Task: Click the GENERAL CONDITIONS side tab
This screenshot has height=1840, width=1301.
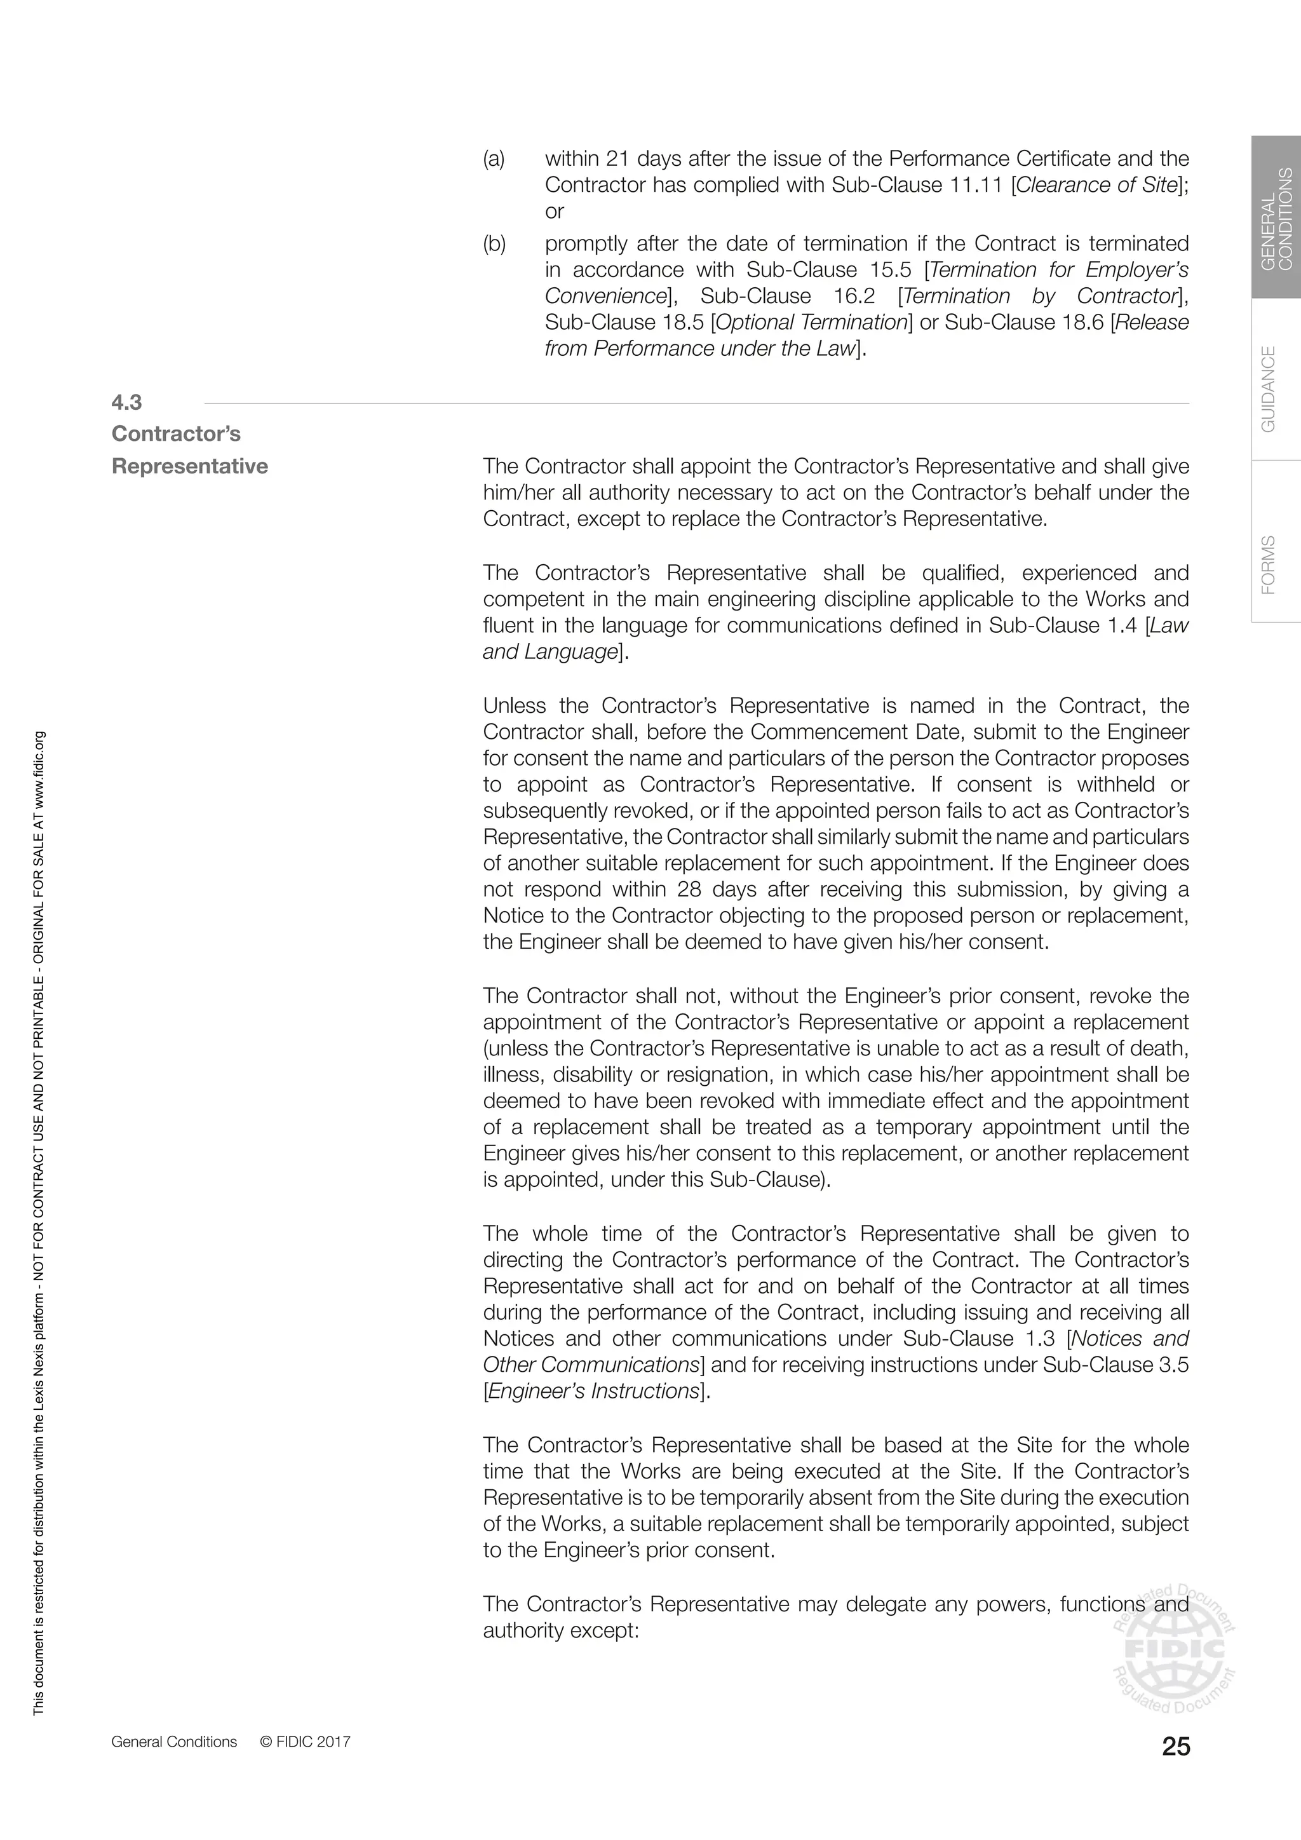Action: pyautogui.click(x=1276, y=218)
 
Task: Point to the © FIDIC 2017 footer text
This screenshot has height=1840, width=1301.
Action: pyautogui.click(x=305, y=1742)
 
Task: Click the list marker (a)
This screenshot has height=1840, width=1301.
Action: pyautogui.click(x=494, y=159)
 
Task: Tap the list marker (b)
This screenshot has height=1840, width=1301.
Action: pyautogui.click(x=494, y=243)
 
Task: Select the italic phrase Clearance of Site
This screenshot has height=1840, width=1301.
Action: pyautogui.click(x=1096, y=185)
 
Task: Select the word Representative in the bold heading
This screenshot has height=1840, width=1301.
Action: pyautogui.click(x=190, y=466)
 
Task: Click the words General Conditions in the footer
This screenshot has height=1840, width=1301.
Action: pyautogui.click(x=174, y=1742)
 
